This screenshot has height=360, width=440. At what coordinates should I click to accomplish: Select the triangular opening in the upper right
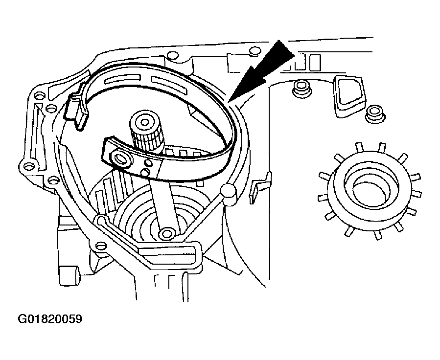click(348, 93)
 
